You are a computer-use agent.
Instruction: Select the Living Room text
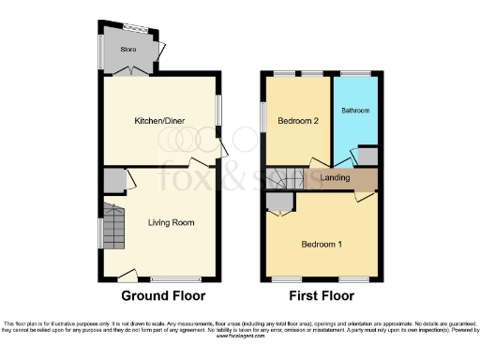[x=171, y=222]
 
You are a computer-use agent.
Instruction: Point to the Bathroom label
[x=355, y=111]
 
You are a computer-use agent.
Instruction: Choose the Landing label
[x=335, y=178]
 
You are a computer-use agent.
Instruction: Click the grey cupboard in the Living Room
[x=114, y=180]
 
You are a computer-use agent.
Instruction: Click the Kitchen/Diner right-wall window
[x=220, y=111]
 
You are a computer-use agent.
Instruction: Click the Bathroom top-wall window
[x=354, y=74]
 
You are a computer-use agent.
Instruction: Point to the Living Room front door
[x=126, y=274]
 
